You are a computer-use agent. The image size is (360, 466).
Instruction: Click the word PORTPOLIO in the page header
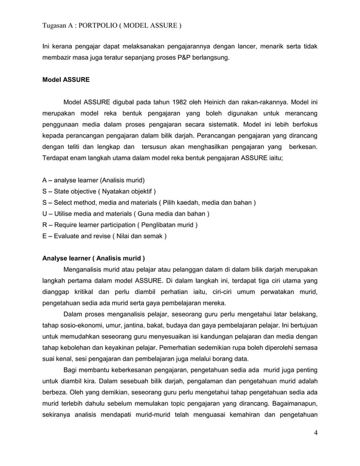point(103,26)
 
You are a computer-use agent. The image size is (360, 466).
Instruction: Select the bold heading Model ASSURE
point(66,80)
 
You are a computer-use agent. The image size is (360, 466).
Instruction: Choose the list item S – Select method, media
point(149,203)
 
